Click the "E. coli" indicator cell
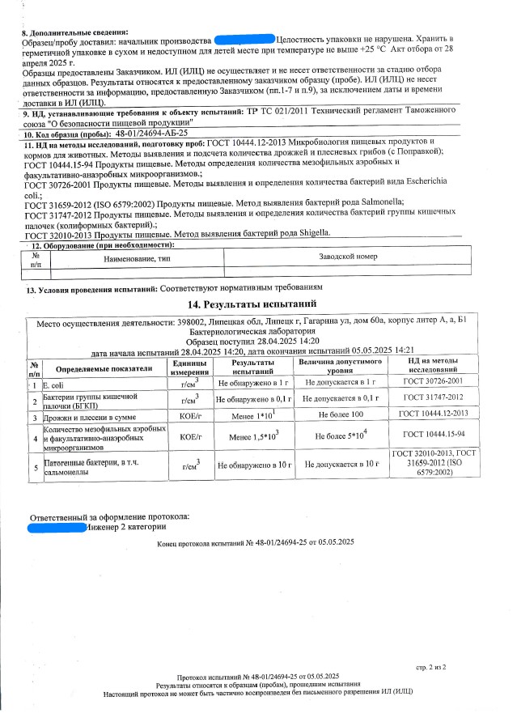click(53, 382)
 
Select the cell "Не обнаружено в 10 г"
click(253, 465)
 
